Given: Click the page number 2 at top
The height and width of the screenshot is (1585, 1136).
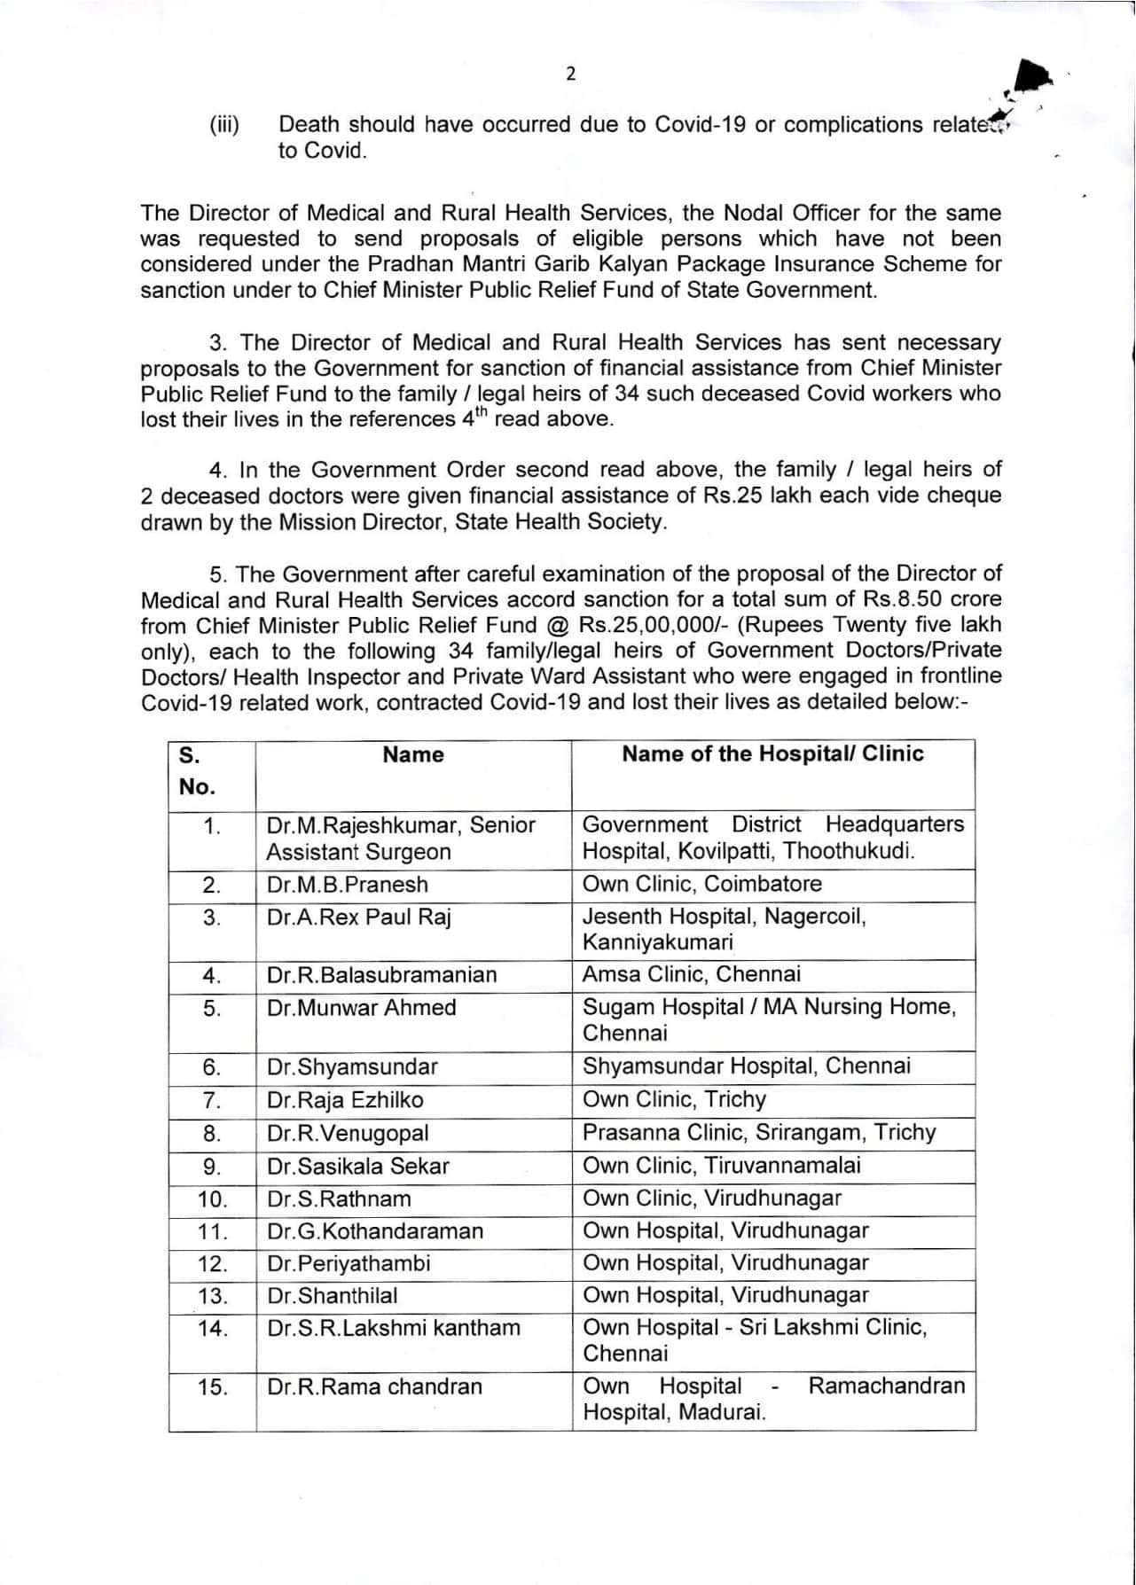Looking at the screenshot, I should tap(570, 74).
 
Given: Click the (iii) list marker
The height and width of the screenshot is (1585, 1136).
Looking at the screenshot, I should tap(224, 125).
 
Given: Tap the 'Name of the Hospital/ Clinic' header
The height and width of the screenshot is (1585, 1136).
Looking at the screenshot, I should tap(772, 754).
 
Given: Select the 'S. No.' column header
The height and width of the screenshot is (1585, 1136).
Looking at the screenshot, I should tap(197, 771).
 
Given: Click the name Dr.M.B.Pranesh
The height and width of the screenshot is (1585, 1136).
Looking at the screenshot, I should tap(347, 885).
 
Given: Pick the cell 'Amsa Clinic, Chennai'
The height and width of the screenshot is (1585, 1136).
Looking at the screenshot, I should tap(691, 974).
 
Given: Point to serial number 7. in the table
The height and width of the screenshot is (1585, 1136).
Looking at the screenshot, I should tap(212, 1100).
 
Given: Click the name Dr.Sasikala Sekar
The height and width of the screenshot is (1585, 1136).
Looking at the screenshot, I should tap(357, 1166).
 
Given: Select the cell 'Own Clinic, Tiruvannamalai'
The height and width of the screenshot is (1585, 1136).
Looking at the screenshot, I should tap(721, 1165).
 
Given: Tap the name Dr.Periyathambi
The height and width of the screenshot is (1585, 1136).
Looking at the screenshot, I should tap(349, 1263).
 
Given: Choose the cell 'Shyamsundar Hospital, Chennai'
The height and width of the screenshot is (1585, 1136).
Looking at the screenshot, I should tap(746, 1066).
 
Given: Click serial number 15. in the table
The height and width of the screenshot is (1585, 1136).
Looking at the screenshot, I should tap(213, 1386).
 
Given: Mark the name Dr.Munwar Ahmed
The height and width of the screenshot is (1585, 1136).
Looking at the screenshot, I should tap(361, 1008).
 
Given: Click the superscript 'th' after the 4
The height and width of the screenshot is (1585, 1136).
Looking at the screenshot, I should tap(482, 412).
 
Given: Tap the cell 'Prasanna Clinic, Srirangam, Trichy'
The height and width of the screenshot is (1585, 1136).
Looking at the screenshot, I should tap(759, 1132).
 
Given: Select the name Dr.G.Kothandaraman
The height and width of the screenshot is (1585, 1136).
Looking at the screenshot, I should tap(375, 1231).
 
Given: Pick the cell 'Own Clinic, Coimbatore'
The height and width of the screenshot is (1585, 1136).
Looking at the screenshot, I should tap(701, 884).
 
